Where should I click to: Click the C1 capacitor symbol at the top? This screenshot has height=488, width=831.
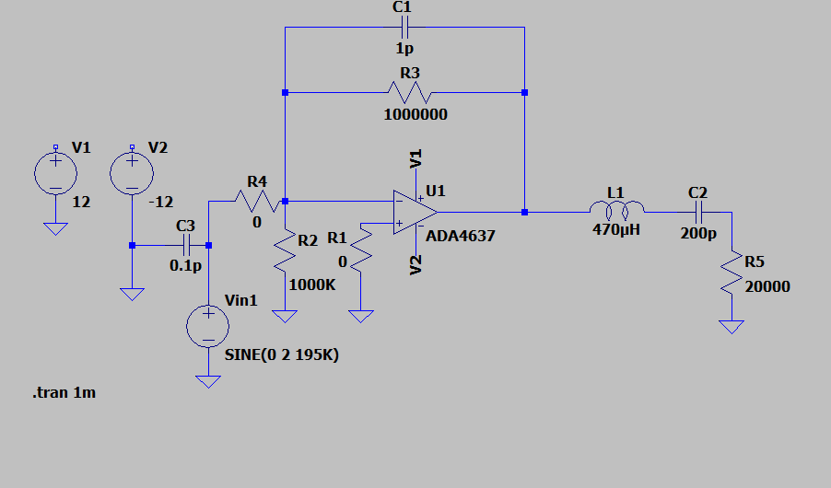tap(402, 29)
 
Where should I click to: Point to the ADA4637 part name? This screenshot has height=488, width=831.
tap(460, 236)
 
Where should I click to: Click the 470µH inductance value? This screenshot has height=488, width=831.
tap(616, 230)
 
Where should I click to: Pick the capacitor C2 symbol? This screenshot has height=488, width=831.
tap(696, 212)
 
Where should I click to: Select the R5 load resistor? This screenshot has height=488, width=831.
tap(732, 273)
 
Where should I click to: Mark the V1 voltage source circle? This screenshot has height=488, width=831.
tap(55, 173)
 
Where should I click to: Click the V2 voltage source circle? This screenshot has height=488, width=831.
tap(132, 173)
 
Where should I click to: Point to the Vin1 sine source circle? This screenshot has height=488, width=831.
tap(208, 326)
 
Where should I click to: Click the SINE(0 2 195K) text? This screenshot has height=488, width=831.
tap(282, 354)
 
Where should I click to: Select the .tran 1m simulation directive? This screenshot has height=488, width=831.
tap(64, 393)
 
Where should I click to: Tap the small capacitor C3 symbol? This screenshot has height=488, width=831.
tap(187, 245)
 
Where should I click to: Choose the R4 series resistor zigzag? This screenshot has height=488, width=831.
tap(253, 200)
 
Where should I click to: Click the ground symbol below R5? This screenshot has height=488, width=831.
tap(732, 327)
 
